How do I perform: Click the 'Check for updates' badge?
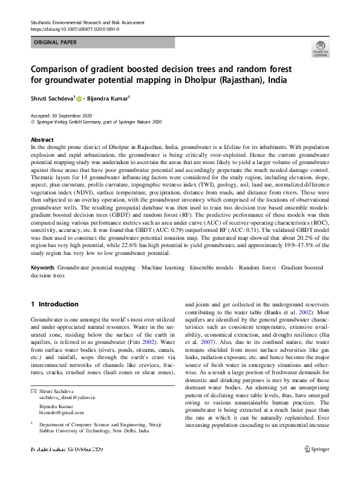320,48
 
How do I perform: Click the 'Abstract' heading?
42,139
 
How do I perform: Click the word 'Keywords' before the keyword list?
43,266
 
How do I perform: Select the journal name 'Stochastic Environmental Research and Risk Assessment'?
87,22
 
